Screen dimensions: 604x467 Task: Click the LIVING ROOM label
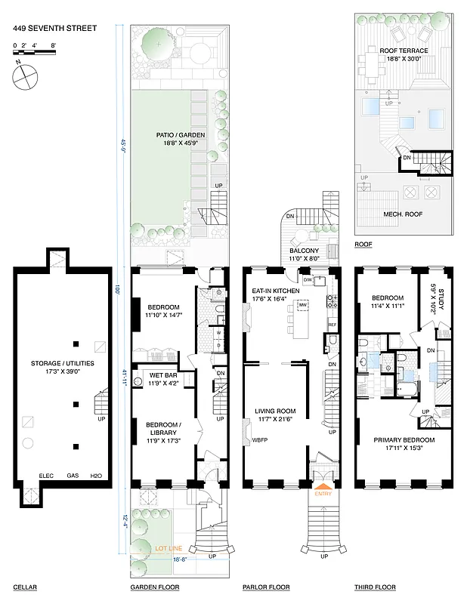274,412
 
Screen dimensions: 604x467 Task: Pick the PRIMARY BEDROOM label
404,440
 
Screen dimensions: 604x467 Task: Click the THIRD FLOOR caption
373,587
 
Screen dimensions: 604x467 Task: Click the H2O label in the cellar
95,476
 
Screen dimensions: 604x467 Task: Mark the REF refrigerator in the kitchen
332,325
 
